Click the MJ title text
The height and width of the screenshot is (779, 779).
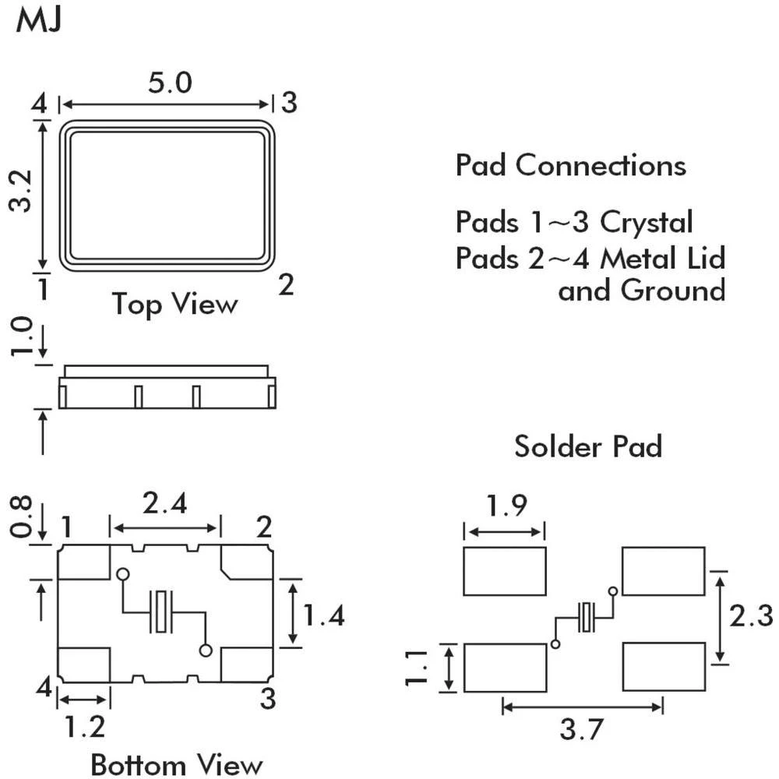coord(38,21)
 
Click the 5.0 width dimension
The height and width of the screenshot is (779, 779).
coord(170,83)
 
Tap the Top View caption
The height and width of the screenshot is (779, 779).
coord(174,303)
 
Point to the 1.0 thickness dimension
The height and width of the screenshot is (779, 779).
coord(24,340)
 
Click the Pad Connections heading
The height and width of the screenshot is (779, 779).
coord(571,166)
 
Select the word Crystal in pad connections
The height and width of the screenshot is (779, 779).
coord(646,223)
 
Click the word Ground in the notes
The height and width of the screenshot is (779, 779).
coord(673,291)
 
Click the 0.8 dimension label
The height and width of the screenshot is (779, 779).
coord(24,518)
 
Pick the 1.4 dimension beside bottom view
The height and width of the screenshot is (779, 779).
coord(323,616)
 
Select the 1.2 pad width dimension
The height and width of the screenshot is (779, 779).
coord(84,727)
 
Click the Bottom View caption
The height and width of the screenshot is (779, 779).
coord(177,764)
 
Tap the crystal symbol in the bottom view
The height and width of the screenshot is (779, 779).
coord(162,612)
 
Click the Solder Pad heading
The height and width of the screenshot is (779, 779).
coord(588,446)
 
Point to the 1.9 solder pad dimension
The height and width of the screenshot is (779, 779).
coord(504,507)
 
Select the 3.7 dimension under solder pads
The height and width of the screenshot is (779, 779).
coord(582,731)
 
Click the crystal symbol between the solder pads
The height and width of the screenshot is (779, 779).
coord(586,618)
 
